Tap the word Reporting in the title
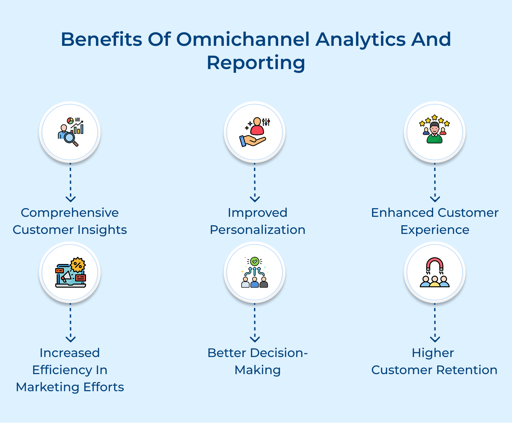coord(256,63)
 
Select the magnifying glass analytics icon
coord(70,132)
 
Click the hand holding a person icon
coord(255,132)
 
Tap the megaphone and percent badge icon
coord(70,272)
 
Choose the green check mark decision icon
coord(255,272)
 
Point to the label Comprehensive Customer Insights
coord(70,221)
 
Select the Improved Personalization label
coord(257,221)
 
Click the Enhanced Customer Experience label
coord(435,221)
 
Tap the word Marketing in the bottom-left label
coord(47,387)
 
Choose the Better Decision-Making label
coord(257,361)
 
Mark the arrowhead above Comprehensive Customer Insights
coord(71,199)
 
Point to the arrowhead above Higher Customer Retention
coord(435,339)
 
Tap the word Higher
coord(433,353)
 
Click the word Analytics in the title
coord(360,39)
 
